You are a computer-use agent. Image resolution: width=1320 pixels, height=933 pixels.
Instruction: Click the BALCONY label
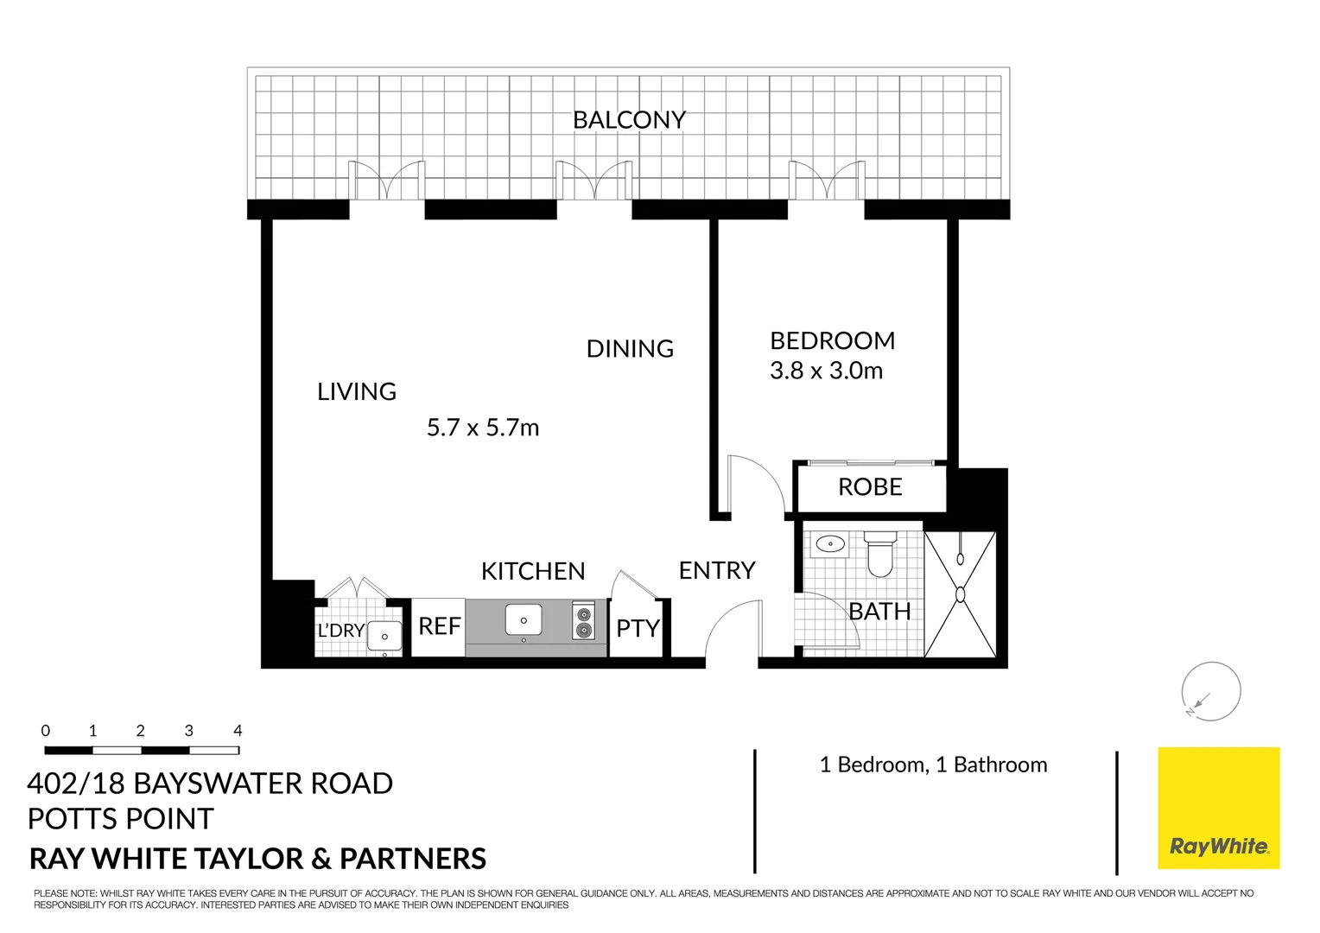[x=629, y=120]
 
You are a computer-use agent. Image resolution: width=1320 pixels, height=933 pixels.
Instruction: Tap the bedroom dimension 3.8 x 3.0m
[x=826, y=371]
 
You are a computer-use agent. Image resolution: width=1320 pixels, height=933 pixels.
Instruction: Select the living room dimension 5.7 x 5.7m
[x=483, y=428]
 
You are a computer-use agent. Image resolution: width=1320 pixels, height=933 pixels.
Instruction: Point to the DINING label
[x=630, y=349]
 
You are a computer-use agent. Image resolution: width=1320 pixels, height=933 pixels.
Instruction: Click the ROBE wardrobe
[x=870, y=487]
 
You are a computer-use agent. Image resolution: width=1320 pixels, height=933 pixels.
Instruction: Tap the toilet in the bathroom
[x=880, y=555]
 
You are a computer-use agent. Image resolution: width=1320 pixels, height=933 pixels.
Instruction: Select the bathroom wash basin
[x=830, y=544]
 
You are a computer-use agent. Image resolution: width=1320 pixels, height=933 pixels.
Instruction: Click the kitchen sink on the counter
[x=524, y=620]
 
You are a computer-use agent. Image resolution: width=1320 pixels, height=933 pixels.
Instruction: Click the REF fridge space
[x=439, y=626]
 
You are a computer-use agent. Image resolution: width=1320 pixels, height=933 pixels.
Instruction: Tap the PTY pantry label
[x=638, y=629]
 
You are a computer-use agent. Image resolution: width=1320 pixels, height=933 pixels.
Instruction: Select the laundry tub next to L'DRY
[x=384, y=637]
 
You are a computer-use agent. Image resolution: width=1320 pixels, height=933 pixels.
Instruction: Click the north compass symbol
[x=1211, y=691]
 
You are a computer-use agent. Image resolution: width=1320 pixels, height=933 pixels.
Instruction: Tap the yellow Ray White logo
[x=1218, y=808]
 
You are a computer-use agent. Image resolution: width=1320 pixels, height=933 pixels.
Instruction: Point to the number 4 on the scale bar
[x=238, y=731]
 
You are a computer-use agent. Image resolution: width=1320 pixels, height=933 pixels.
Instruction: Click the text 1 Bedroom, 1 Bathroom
[x=933, y=765]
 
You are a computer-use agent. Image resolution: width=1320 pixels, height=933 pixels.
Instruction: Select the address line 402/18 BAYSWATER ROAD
[x=210, y=784]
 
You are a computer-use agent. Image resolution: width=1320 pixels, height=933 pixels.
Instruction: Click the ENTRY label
[x=717, y=571]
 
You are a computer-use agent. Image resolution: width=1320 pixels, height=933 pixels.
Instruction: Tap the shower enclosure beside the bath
[x=960, y=594]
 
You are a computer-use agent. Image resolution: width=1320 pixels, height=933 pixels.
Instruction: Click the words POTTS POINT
[x=120, y=819]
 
